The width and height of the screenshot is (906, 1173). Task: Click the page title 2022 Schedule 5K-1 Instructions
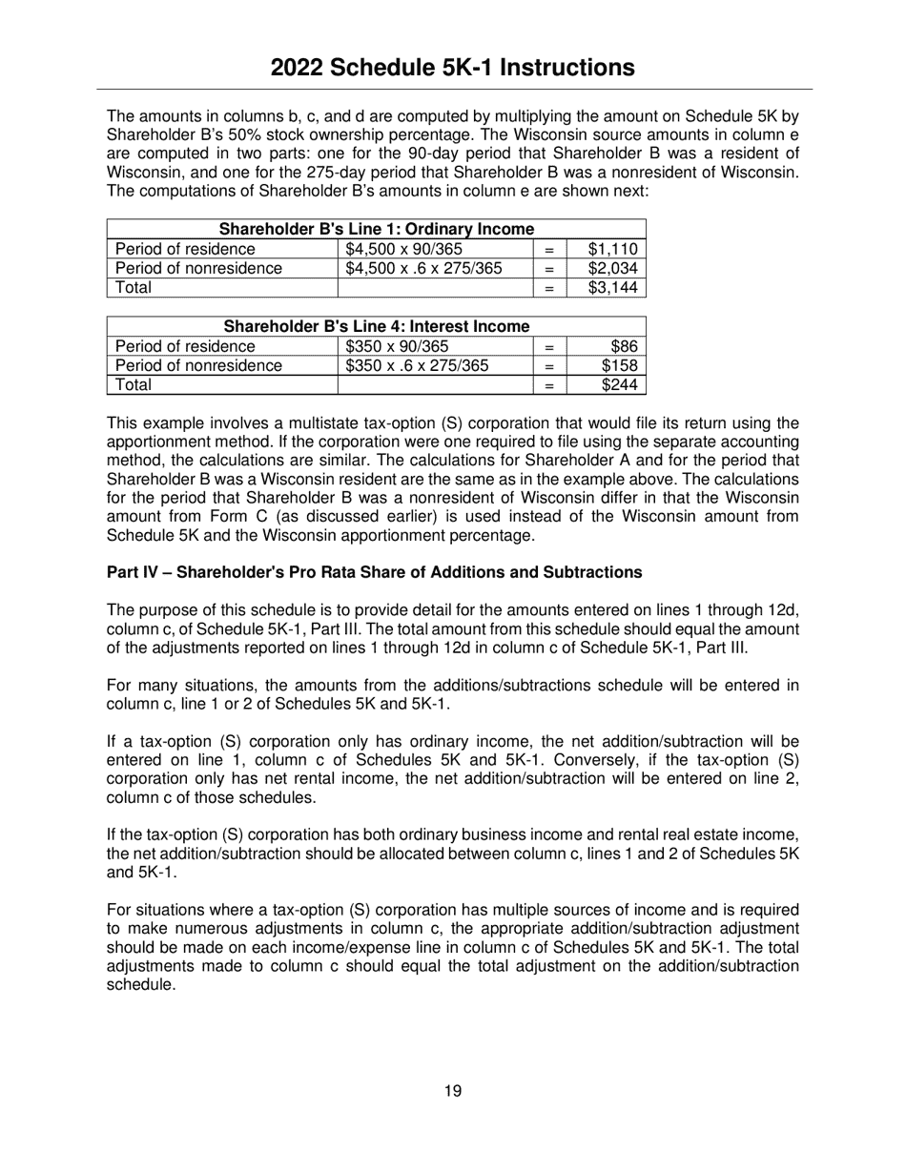point(452,67)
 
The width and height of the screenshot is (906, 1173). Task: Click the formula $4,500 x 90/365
point(404,250)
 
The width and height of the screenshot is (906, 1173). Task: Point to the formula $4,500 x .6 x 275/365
point(423,269)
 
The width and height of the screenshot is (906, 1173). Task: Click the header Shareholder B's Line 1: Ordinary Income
point(376,230)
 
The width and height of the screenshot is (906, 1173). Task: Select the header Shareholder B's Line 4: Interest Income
point(376,327)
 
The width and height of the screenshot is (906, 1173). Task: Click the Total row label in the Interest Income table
point(134,384)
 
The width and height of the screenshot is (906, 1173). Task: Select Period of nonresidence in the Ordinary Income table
point(198,269)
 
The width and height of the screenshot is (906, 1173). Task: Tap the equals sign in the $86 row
point(549,347)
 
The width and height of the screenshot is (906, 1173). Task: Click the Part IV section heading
point(374,572)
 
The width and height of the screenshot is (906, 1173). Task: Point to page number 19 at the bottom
point(453,1091)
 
